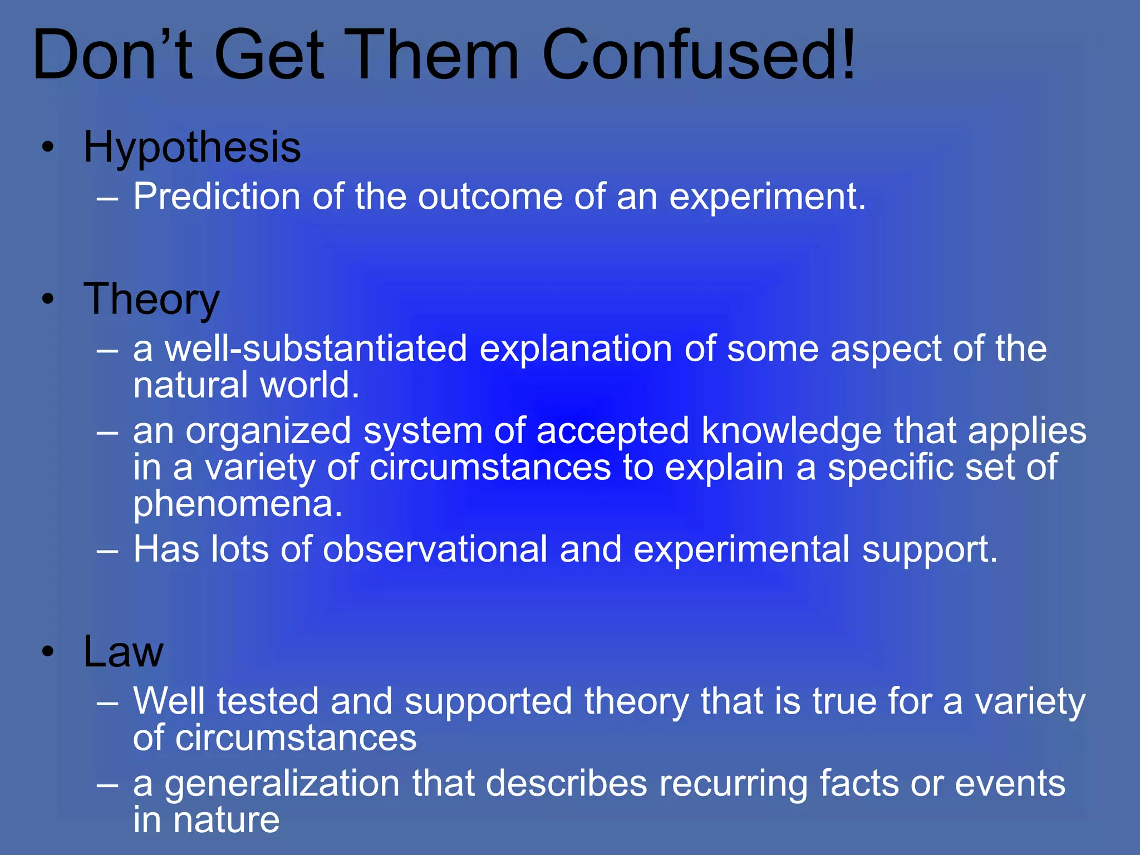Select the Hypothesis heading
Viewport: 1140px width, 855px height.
pos(192,148)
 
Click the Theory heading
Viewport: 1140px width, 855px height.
pos(151,299)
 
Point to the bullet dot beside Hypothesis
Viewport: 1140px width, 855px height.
pos(48,148)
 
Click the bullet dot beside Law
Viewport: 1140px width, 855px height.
pos(48,652)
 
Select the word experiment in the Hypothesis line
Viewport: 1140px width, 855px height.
pos(766,198)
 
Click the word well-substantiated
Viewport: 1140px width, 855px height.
pos(316,349)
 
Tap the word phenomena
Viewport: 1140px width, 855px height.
pos(238,504)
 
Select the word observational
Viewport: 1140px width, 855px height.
pos(435,549)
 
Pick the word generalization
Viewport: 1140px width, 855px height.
pos(282,783)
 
